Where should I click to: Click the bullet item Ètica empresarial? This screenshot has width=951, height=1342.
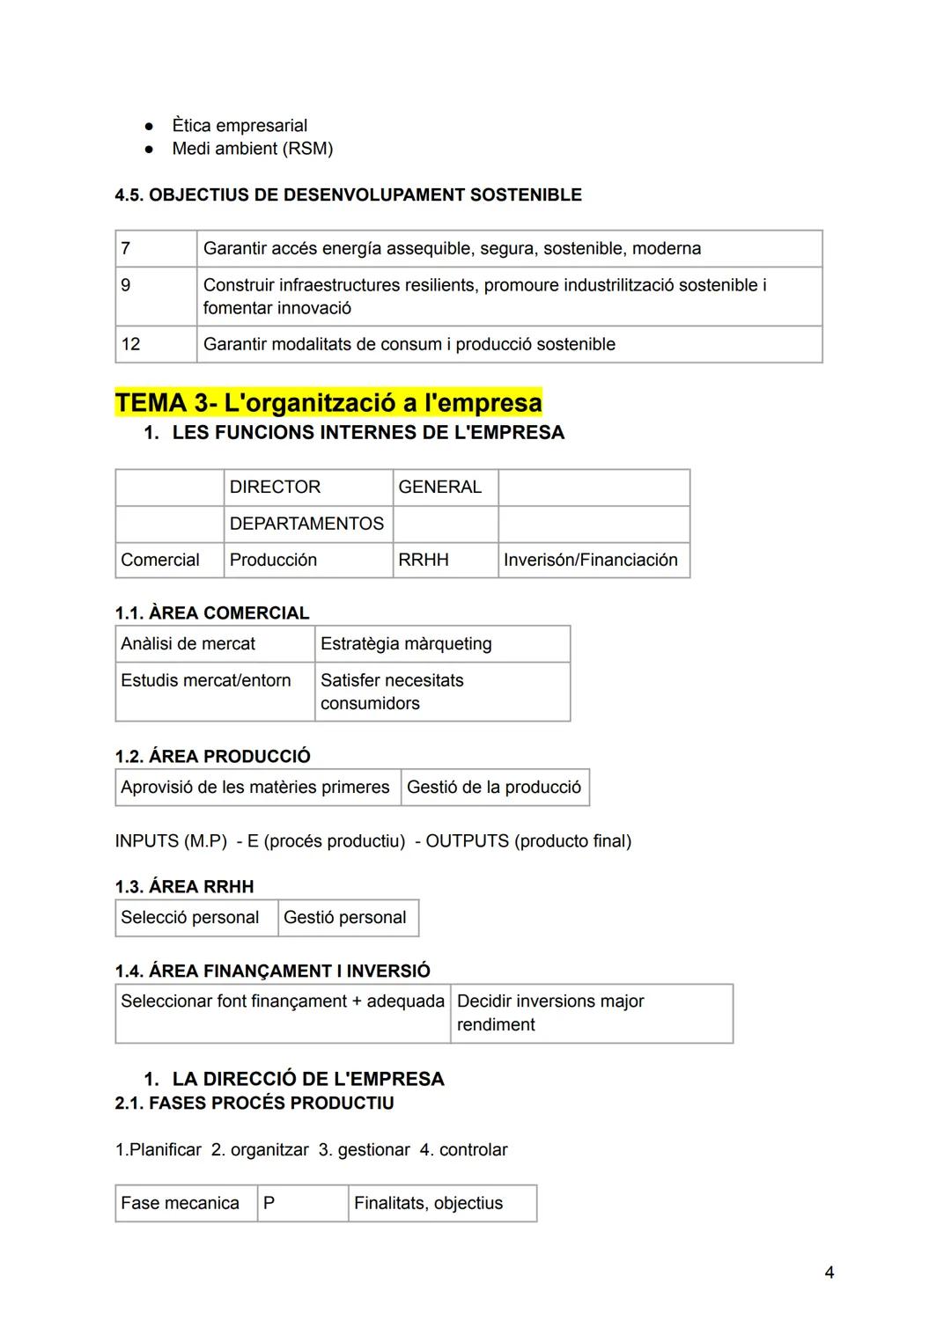[239, 126]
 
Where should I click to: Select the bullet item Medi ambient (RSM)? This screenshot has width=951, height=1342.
[252, 149]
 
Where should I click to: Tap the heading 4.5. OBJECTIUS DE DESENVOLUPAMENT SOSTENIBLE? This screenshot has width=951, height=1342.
[348, 194]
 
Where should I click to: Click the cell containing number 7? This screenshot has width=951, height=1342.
[155, 249]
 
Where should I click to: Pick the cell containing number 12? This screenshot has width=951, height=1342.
[155, 344]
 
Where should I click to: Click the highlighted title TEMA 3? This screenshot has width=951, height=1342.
[328, 403]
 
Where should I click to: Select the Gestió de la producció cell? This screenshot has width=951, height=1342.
[494, 788]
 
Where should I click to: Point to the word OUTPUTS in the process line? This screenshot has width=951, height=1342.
[467, 841]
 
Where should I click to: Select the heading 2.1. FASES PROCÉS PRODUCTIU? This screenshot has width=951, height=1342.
[254, 1104]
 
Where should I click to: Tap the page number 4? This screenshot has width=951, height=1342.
[829, 1272]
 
